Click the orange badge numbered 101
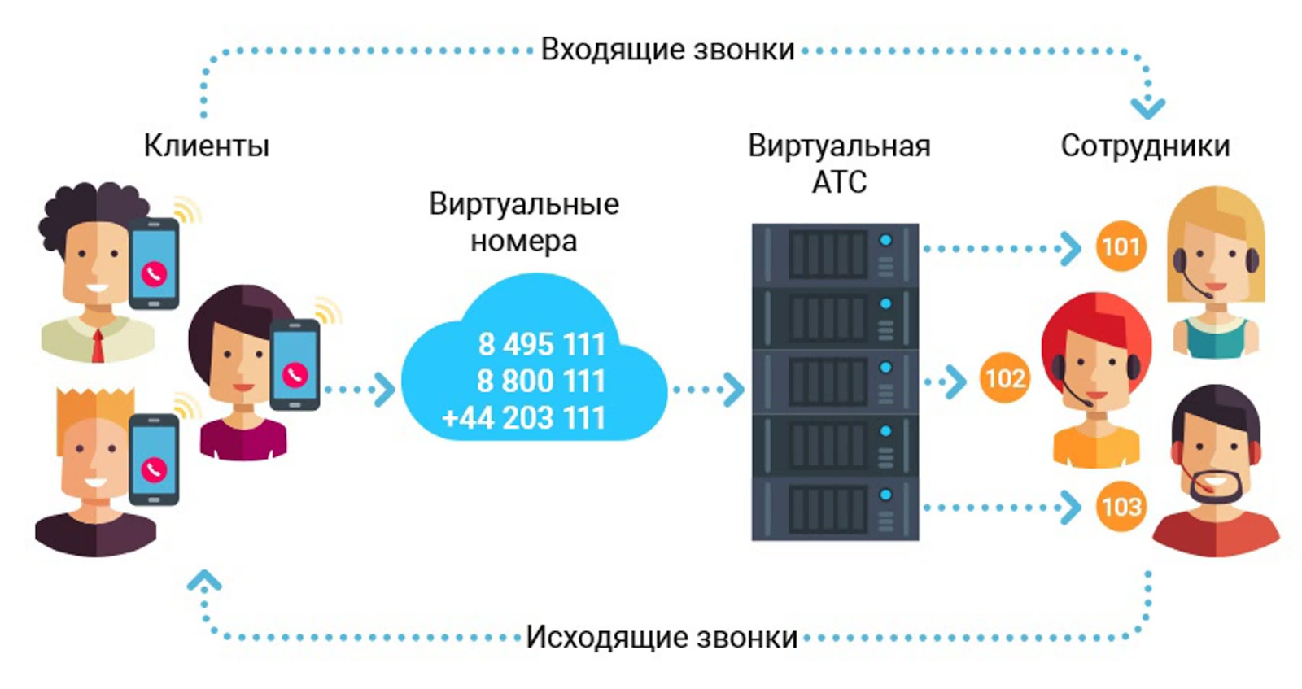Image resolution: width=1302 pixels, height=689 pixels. [x=1121, y=246]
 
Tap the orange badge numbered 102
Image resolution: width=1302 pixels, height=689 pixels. [x=1005, y=378]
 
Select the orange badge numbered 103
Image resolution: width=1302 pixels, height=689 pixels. [x=1121, y=507]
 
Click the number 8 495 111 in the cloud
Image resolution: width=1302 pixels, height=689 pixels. [x=541, y=344]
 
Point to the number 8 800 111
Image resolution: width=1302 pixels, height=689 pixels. [x=541, y=381]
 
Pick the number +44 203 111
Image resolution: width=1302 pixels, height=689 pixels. [x=523, y=418]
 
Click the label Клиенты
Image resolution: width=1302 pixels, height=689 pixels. [x=206, y=146]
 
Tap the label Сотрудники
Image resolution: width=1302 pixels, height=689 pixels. [x=1145, y=146]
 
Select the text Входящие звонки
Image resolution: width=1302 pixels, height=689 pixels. [x=667, y=50]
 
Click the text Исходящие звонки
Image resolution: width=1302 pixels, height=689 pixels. [x=662, y=637]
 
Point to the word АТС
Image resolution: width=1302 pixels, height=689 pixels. [x=839, y=181]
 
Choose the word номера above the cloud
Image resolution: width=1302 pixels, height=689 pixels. [x=523, y=241]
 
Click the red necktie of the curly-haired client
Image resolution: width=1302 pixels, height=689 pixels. [x=98, y=346]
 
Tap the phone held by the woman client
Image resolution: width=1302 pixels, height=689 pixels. [x=295, y=364]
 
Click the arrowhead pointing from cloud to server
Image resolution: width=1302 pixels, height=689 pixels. [x=734, y=390]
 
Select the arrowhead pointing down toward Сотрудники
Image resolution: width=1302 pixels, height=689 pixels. [x=1147, y=107]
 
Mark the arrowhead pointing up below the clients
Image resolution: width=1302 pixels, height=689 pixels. [x=204, y=581]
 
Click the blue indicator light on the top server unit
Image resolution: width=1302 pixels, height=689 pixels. [x=885, y=241]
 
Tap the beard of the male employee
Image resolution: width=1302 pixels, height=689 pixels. [x=1215, y=489]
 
